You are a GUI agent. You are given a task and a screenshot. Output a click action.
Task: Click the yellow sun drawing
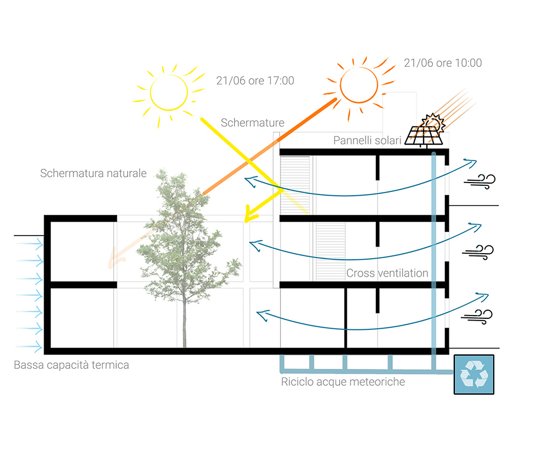[x=169, y=93]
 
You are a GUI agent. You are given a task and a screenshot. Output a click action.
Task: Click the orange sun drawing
[x=359, y=85]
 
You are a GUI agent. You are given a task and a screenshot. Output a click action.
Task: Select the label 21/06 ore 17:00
[x=255, y=81]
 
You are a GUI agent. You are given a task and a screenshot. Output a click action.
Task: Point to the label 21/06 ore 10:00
[x=443, y=63]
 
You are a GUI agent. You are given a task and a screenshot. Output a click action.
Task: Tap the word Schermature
[x=252, y=123]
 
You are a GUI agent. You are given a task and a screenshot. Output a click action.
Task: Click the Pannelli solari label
[x=367, y=140]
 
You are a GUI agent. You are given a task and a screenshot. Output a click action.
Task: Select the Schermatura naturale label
[x=93, y=173]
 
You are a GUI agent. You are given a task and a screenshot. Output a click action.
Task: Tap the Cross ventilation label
[x=387, y=273]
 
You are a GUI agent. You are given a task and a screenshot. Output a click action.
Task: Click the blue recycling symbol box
[x=474, y=374]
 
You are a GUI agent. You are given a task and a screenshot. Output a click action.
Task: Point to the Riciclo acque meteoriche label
[x=343, y=382]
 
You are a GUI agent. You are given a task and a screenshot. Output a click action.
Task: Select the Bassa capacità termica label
[x=71, y=365]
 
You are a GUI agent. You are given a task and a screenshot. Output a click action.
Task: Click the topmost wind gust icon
[x=480, y=181]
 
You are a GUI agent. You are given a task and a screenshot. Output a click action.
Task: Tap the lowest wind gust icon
[x=477, y=317]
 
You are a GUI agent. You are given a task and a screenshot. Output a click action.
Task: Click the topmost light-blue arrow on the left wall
[x=30, y=244]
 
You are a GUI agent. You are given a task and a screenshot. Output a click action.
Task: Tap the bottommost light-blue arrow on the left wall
[x=28, y=347]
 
